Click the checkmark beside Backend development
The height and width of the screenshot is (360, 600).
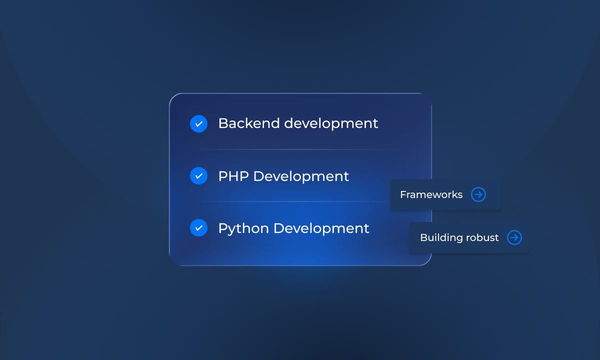pos(198,123)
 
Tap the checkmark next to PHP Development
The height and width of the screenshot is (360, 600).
pos(198,176)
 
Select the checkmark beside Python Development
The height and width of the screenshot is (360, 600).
pos(198,228)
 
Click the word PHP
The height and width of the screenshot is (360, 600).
pos(233,176)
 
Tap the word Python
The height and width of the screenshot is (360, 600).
pos(243,228)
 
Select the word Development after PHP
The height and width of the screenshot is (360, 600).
pos(301,176)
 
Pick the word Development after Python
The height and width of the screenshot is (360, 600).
pos(321,228)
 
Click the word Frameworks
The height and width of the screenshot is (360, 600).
pos(431,194)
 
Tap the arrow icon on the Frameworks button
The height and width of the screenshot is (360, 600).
pos(478,194)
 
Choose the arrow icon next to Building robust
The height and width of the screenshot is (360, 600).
pos(514,237)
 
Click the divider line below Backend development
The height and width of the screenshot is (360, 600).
pos(300,149)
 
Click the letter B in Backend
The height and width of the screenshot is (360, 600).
pos(223,123)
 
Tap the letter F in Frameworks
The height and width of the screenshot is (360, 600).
pos(403,194)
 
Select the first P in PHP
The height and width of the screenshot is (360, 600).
pos(222,176)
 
